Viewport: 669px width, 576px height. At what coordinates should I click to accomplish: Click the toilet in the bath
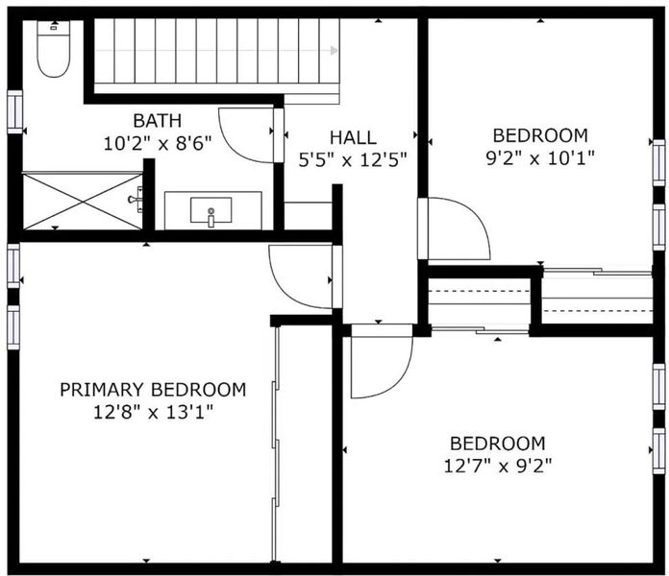(x=53, y=49)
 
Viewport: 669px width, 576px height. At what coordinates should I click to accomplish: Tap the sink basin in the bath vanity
(x=211, y=209)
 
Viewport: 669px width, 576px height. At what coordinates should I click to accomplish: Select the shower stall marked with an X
(x=82, y=201)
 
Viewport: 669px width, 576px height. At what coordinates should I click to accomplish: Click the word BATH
(x=158, y=121)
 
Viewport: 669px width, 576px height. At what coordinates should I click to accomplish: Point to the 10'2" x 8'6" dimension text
(x=158, y=144)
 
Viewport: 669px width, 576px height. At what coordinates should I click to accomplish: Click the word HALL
(x=353, y=137)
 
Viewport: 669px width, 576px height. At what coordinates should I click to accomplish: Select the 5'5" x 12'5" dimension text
(x=353, y=160)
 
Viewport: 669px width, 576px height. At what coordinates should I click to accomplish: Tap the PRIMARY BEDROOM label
(x=153, y=390)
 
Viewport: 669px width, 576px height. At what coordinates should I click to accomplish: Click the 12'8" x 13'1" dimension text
(x=153, y=413)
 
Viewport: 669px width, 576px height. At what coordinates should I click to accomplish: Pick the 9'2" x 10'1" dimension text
(x=540, y=158)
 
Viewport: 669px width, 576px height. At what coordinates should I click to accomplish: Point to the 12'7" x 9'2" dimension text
(x=498, y=467)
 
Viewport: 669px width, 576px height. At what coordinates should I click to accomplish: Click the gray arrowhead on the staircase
(x=334, y=51)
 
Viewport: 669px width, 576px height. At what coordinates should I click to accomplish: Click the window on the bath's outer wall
(x=14, y=111)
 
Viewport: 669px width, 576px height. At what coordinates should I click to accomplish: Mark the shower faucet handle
(x=136, y=199)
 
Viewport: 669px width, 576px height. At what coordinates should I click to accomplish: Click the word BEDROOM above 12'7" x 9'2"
(x=498, y=444)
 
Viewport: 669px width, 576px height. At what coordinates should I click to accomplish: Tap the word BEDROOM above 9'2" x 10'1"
(x=540, y=135)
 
